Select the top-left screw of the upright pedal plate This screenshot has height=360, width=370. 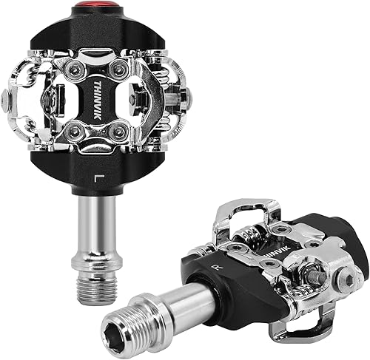75,70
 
